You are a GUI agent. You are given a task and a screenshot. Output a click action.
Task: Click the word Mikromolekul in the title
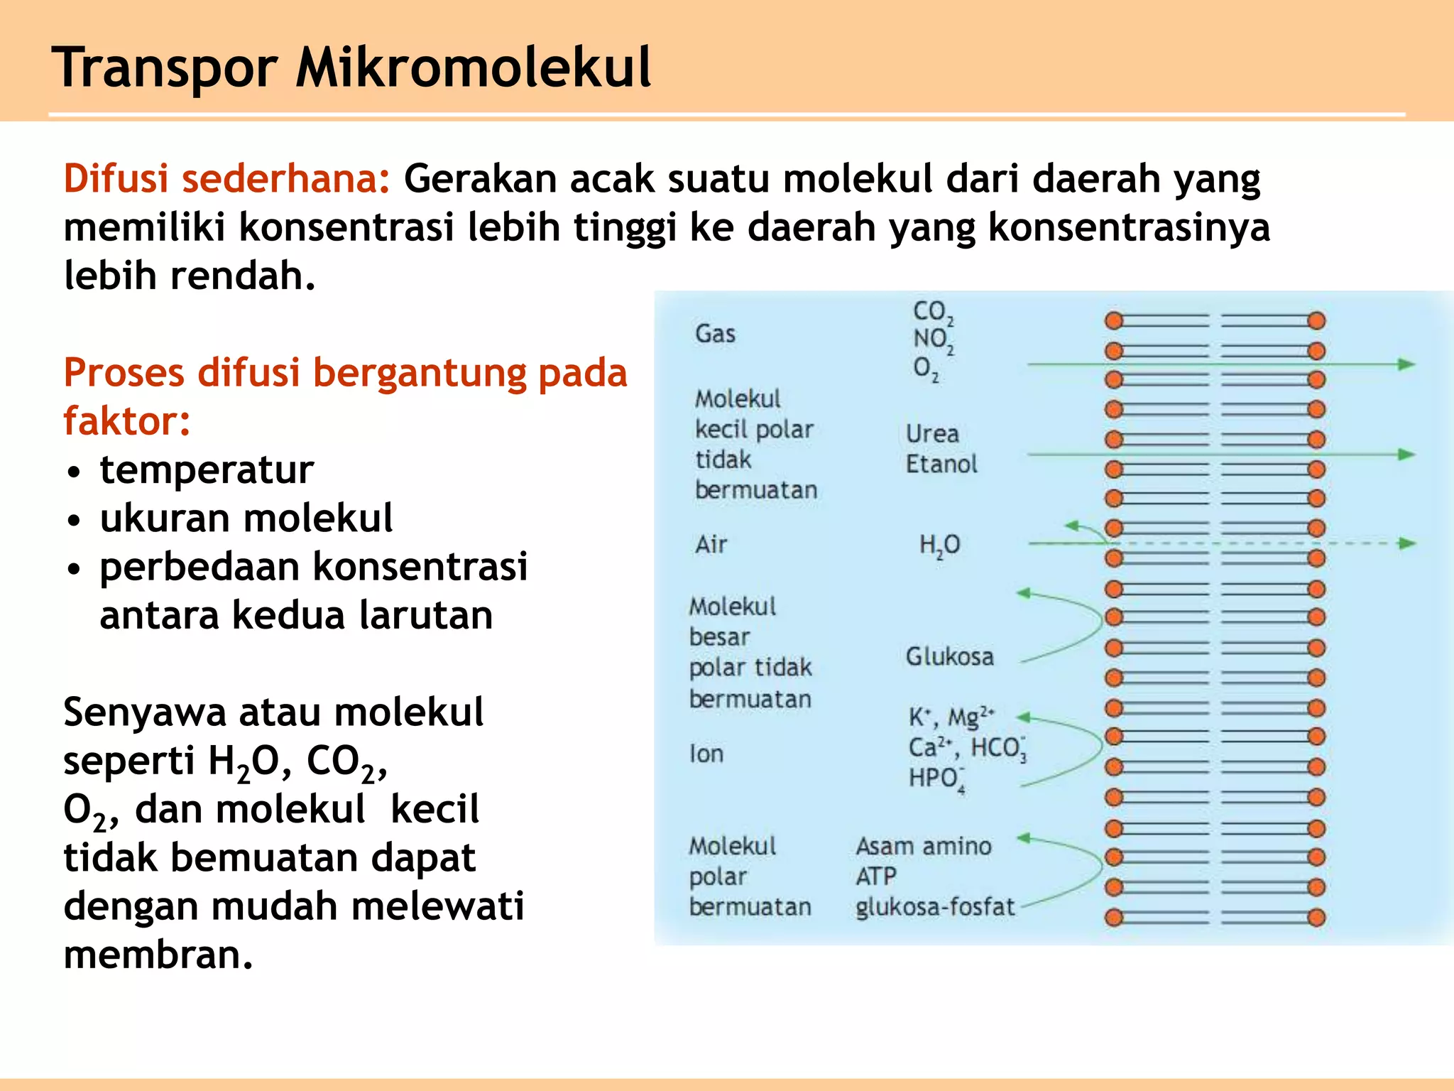pos(473,67)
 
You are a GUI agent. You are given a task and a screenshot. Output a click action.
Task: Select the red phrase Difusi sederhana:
pos(226,178)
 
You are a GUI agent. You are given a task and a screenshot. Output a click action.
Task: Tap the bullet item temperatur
pos(206,469)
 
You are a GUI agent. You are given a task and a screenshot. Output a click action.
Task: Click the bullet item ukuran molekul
pos(246,518)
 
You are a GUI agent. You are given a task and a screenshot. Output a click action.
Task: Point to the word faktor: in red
pos(126,420)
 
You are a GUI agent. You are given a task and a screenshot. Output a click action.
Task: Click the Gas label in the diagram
pos(715,334)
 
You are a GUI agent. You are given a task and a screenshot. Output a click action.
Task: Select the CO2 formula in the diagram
pos(932,312)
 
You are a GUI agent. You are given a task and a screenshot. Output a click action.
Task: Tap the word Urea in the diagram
pos(932,433)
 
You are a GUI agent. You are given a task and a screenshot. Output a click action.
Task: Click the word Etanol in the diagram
pos(941,464)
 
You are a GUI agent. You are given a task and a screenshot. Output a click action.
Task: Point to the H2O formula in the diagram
pos(939,545)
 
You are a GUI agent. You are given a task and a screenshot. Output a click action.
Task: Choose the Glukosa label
pos(949,656)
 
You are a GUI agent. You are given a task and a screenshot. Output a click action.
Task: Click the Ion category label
pos(706,754)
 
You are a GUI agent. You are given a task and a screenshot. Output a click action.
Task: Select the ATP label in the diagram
pos(876,876)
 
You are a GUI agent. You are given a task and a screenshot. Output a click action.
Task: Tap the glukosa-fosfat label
pos(935,907)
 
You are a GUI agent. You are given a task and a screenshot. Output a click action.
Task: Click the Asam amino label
pos(923,846)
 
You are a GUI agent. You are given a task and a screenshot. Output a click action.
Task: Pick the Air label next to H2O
pos(711,545)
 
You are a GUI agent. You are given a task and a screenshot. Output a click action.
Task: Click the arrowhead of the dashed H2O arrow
pos(1407,544)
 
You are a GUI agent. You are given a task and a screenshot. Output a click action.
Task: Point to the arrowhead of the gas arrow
pos(1407,364)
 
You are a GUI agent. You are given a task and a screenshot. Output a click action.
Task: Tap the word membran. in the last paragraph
pos(158,955)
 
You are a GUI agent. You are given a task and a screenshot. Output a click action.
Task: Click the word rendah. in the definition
pos(242,276)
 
